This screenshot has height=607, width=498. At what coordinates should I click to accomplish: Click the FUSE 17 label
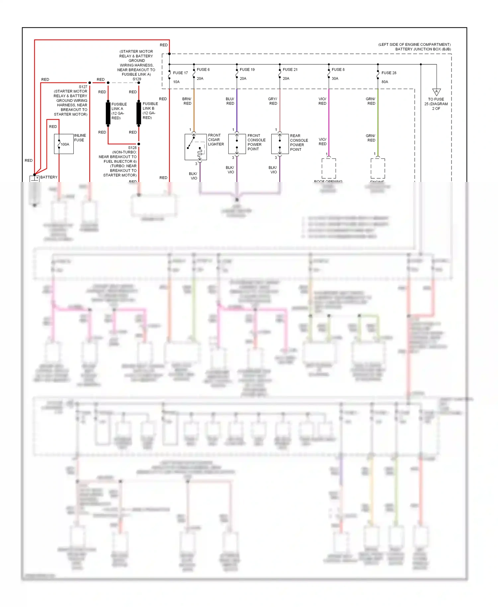(180, 73)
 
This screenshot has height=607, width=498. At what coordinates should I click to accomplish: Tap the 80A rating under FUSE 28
(384, 82)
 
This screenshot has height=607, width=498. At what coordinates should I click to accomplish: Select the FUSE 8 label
(338, 69)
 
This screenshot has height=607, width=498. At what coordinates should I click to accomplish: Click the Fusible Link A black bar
(108, 113)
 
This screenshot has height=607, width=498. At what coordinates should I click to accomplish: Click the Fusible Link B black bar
(139, 113)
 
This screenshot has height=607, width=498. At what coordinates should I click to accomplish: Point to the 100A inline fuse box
(64, 144)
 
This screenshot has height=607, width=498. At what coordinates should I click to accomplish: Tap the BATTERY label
(49, 177)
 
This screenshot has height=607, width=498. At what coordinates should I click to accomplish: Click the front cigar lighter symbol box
(196, 147)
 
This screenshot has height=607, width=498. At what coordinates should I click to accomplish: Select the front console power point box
(237, 144)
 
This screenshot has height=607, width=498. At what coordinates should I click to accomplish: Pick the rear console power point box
(280, 144)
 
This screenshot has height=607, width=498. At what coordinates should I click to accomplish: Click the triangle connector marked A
(436, 92)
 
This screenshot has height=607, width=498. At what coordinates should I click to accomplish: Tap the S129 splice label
(137, 79)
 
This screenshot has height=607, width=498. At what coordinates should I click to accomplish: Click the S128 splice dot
(139, 144)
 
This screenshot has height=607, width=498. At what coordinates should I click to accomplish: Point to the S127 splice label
(83, 87)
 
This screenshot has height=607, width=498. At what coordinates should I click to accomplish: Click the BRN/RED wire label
(187, 101)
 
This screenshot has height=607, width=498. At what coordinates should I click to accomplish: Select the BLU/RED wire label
(230, 101)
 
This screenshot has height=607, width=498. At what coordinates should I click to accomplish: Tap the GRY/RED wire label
(273, 101)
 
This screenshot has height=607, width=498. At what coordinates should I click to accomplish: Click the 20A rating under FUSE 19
(243, 78)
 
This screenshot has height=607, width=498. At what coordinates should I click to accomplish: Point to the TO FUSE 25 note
(436, 104)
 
